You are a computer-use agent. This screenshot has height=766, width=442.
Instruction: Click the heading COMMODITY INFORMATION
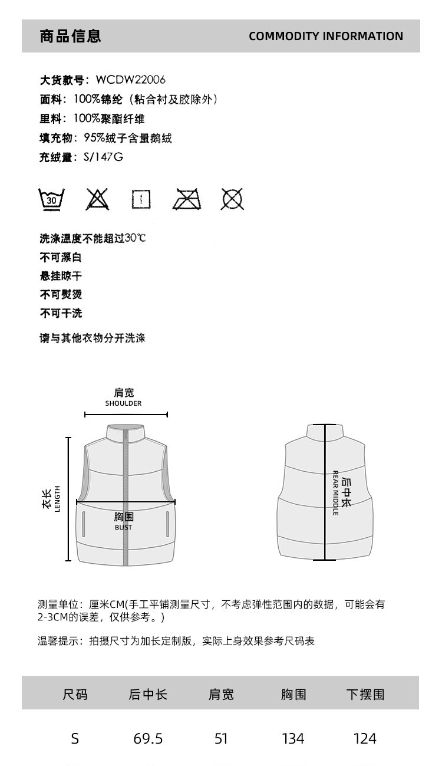(325, 36)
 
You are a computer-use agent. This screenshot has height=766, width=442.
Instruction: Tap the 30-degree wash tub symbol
(52, 199)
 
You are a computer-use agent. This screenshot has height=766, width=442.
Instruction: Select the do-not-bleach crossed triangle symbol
(97, 199)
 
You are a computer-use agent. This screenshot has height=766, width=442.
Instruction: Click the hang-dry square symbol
(141, 199)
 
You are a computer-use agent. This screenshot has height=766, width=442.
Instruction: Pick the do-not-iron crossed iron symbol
(186, 199)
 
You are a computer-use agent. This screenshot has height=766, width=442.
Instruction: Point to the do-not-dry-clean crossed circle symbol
(232, 199)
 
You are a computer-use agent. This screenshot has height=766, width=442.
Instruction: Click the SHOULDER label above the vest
(124, 404)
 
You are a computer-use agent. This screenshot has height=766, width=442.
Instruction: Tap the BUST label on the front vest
(124, 528)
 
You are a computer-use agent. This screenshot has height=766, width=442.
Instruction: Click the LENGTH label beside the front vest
(58, 499)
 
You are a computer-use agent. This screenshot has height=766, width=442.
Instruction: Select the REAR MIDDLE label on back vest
(335, 493)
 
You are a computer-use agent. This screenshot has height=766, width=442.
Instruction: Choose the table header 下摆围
(365, 695)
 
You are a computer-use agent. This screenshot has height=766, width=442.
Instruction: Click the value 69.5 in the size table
(148, 738)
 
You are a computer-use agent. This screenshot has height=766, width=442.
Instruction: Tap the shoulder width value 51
(221, 738)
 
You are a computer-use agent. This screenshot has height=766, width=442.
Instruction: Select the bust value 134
(293, 738)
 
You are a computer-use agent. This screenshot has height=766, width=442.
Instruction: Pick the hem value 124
(365, 738)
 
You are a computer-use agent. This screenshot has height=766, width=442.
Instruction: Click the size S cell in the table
(75, 738)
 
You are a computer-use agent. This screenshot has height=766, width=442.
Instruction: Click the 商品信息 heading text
(71, 36)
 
